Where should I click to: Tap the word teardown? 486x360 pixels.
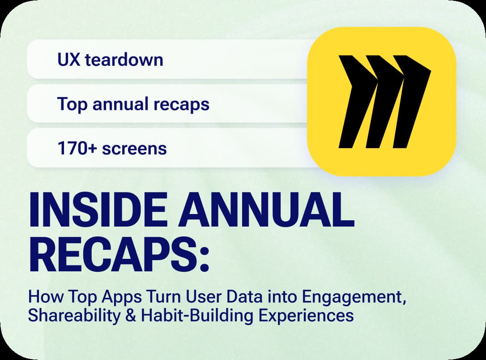pyautogui.click(x=124, y=60)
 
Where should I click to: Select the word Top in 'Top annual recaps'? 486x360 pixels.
pyautogui.click(x=72, y=105)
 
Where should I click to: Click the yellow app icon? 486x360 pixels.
pyautogui.click(x=382, y=101)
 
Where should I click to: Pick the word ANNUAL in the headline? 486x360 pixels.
pyautogui.click(x=266, y=210)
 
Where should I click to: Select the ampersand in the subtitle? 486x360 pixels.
pyautogui.click(x=131, y=316)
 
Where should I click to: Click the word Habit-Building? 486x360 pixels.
pyautogui.click(x=197, y=316)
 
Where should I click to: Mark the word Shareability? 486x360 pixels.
pyautogui.click(x=74, y=316)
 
